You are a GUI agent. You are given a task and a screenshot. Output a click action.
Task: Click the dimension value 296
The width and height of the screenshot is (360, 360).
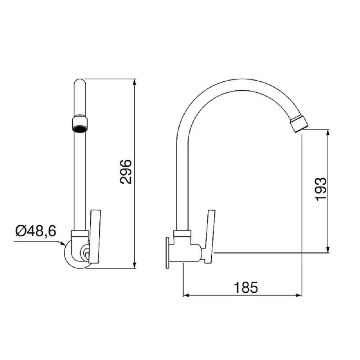pyautogui.click(x=126, y=172)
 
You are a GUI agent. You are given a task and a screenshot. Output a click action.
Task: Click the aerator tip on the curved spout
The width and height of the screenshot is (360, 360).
pyautogui.click(x=299, y=124)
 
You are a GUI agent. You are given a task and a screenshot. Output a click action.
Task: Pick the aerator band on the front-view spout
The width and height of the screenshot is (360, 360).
pyautogui.click(x=80, y=123)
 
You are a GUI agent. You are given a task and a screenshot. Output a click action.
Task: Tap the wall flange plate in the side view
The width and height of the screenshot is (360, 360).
pyautogui.click(x=168, y=253)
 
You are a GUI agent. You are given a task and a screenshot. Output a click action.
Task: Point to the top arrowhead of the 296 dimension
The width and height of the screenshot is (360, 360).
pyautogui.click(x=135, y=82)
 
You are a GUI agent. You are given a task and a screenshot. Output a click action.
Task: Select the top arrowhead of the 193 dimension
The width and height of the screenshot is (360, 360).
pyautogui.click(x=328, y=132)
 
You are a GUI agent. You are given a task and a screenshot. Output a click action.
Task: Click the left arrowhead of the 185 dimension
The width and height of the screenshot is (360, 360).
pyautogui.click(x=186, y=296)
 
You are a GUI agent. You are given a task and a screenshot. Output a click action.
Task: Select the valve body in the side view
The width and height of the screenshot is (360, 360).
pyautogui.click(x=188, y=253)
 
